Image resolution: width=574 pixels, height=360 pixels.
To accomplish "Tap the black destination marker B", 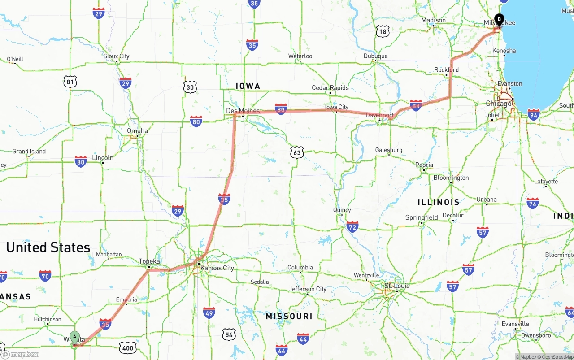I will click(x=499, y=20).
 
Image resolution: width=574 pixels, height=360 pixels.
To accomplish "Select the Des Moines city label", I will click(x=243, y=111).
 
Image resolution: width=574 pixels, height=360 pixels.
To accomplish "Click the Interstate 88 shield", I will click(x=416, y=105).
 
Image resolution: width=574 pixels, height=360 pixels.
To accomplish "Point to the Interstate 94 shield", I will click(x=533, y=114).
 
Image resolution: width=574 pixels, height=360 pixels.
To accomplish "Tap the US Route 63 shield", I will click(x=296, y=152).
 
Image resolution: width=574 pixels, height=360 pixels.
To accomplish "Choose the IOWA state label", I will click(x=248, y=86).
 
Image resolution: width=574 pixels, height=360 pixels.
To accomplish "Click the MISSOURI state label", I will click(x=289, y=316).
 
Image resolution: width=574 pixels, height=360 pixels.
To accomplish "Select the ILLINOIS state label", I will click(x=438, y=202).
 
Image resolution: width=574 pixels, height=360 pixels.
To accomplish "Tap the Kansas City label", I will click(x=217, y=268).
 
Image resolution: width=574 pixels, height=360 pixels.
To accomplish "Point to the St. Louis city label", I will click(x=397, y=286).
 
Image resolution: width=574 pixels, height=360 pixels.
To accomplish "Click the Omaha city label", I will click(x=137, y=131).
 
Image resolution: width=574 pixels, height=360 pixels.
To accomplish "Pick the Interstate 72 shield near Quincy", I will click(x=352, y=227).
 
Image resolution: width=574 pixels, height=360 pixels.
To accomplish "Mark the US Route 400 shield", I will click(x=128, y=347).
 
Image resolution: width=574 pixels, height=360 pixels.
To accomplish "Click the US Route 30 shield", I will click(x=190, y=87).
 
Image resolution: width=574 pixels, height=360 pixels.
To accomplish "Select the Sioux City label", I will click(x=116, y=56).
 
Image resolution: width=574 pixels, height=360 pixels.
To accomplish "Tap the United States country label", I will click(x=48, y=247).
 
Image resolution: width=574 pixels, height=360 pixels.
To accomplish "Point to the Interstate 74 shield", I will click(x=532, y=203).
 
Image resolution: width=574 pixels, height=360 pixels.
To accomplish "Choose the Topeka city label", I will click(x=149, y=261).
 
